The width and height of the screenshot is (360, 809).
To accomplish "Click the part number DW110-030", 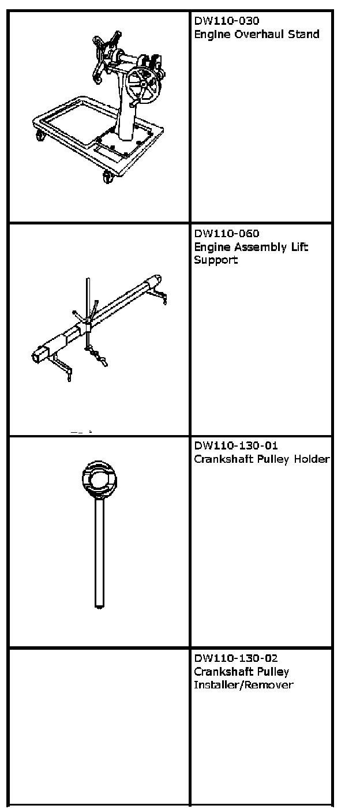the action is (219, 21).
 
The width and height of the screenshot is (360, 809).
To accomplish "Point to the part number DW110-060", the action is (219, 234).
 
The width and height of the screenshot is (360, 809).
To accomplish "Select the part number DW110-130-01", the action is (232, 446).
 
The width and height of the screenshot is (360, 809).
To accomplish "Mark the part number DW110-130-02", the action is (232, 658).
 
